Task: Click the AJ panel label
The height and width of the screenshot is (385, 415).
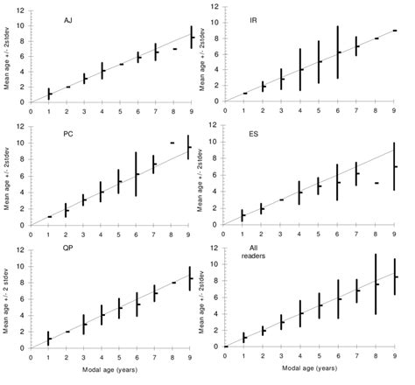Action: pyautogui.click(x=67, y=19)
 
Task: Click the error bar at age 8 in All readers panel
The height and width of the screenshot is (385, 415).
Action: pyautogui.click(x=376, y=283)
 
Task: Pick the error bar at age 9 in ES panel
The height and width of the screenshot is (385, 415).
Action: pyautogui.click(x=395, y=166)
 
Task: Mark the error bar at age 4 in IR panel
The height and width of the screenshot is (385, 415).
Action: pyautogui.click(x=300, y=69)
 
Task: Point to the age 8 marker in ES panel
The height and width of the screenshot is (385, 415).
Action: pyautogui.click(x=376, y=183)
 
